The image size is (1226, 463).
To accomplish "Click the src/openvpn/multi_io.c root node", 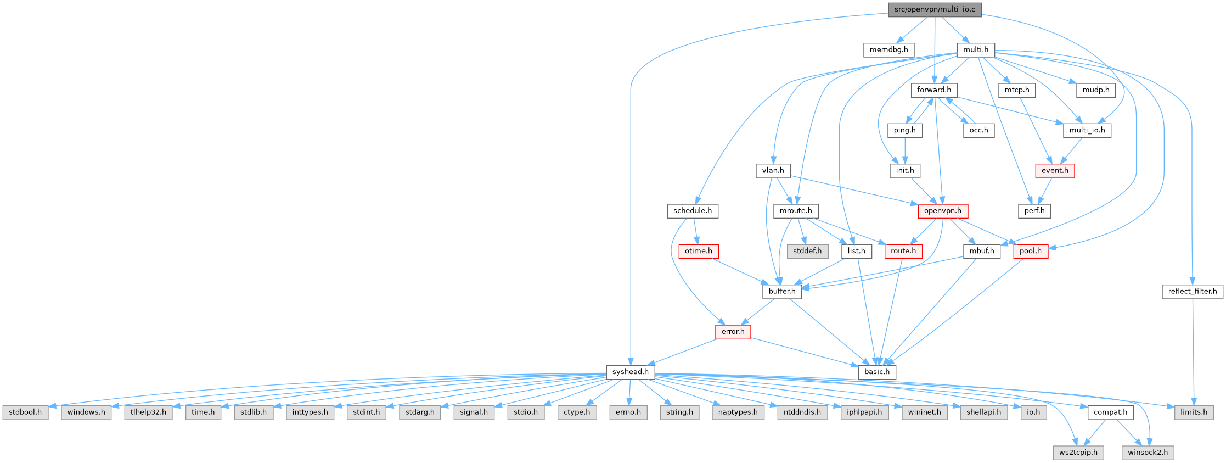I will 935,9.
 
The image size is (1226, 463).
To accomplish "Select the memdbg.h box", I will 888,49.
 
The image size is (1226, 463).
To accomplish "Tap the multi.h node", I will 975,49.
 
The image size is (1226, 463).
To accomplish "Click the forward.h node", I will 933,90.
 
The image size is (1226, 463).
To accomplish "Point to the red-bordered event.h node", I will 1054,170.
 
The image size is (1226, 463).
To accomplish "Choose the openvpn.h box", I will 942,210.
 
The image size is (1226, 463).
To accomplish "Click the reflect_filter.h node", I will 1192,291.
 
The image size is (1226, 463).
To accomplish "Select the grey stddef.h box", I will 807,251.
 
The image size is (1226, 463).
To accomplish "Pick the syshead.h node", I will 630,372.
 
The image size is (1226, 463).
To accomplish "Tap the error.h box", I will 733,331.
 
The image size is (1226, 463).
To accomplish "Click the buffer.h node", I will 781,291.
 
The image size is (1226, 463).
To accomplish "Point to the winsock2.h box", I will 1148,453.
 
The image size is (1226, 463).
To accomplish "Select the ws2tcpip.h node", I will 1078,453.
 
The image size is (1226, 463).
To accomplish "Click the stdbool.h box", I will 25,412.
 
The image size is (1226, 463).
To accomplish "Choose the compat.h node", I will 1110,412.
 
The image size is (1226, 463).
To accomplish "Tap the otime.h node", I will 698,251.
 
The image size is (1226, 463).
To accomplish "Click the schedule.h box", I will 692,210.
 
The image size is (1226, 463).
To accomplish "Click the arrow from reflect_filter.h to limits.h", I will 1193,352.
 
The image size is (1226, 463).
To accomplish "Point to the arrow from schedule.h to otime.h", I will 695,231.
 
